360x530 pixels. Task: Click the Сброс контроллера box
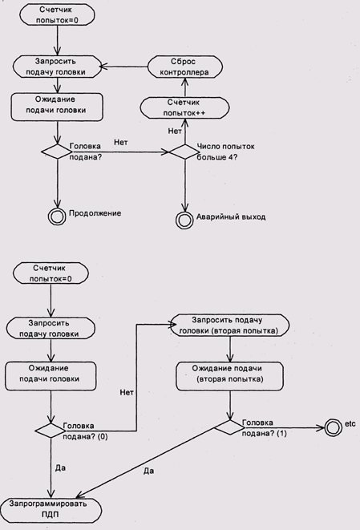[185, 67]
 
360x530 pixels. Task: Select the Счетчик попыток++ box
[184, 107]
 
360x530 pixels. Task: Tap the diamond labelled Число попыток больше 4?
[185, 152]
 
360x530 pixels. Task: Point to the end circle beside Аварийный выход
[184, 220]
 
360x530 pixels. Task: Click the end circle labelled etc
[333, 427]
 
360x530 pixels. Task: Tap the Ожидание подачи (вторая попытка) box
[229, 376]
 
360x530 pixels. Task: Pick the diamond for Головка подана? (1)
[230, 427]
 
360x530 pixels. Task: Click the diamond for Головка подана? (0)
[51, 431]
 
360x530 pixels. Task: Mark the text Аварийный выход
[231, 216]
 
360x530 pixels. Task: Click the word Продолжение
[95, 213]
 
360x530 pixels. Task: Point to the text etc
[350, 423]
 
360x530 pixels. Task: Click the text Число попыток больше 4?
[225, 152]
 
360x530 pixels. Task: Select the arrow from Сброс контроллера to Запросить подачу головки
[124, 67]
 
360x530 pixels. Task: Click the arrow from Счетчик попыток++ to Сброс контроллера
[185, 87]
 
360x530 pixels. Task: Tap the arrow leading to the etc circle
[285, 428]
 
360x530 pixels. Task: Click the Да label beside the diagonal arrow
[149, 471]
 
